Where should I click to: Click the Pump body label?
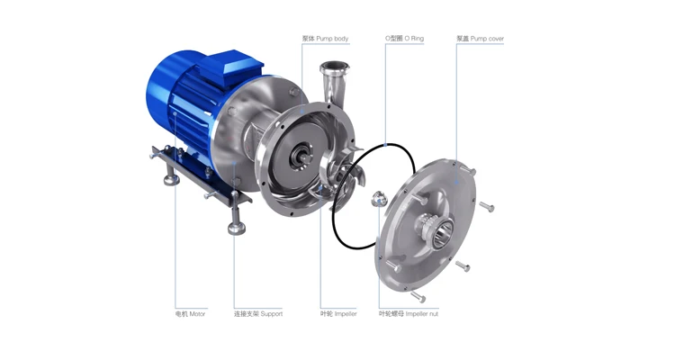(x=326, y=39)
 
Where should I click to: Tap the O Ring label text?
(x=404, y=39)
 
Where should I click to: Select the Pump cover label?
(x=480, y=39)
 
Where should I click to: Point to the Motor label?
(x=190, y=314)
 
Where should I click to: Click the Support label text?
(x=258, y=314)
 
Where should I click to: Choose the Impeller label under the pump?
(x=338, y=314)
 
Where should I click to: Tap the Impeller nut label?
(x=409, y=314)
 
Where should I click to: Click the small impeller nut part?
(x=379, y=198)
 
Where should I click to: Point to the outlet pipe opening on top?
(x=334, y=67)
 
